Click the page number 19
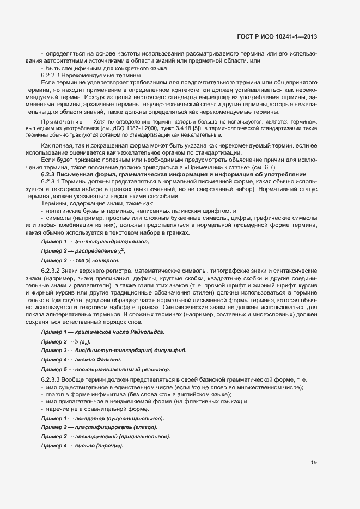point(314,463)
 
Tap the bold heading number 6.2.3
point(51,174)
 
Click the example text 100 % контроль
point(97,261)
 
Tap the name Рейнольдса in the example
point(144,332)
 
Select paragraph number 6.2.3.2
point(53,271)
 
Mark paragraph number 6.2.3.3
point(53,379)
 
